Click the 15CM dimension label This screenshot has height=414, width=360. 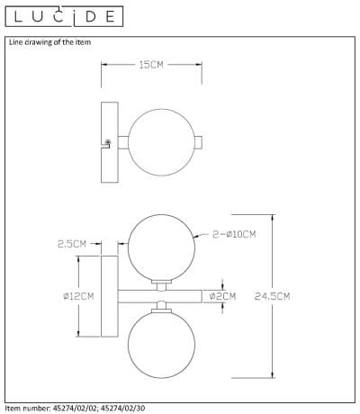click(151, 65)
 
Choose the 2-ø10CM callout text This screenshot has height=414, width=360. click(237, 234)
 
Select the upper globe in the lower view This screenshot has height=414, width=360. click(160, 247)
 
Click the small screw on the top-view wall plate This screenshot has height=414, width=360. click(109, 141)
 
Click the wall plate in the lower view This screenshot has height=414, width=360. click(112, 295)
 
